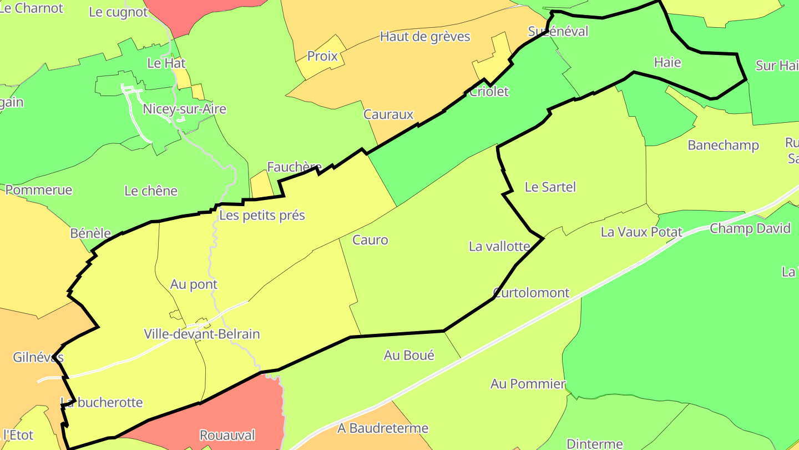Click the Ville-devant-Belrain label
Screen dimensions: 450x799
pyautogui.click(x=202, y=334)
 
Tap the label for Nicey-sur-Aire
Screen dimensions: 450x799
pyautogui.click(x=184, y=109)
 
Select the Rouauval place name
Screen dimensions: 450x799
pyautogui.click(x=227, y=435)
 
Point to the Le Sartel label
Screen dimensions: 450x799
pyautogui.click(x=550, y=187)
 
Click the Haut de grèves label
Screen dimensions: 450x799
pyautogui.click(x=425, y=37)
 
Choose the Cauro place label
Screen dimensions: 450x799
pyautogui.click(x=370, y=240)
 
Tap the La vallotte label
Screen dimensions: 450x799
pyautogui.click(x=499, y=246)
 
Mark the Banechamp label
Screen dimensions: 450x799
pyautogui.click(x=723, y=146)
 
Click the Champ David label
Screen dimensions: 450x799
pyautogui.click(x=750, y=228)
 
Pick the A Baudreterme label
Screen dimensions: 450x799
pyautogui.click(x=383, y=428)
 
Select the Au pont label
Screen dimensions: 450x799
pyautogui.click(x=194, y=284)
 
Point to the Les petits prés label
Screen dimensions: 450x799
pyautogui.click(x=262, y=215)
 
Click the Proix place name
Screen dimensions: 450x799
pyautogui.click(x=322, y=57)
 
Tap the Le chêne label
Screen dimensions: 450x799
pyautogui.click(x=151, y=191)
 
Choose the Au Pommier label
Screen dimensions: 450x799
pyautogui.click(x=528, y=384)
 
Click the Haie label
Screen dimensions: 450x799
pyautogui.click(x=667, y=62)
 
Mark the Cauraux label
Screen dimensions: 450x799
pyautogui.click(x=388, y=114)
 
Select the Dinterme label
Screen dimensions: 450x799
pyautogui.click(x=594, y=444)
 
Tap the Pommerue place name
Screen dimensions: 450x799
pyautogui.click(x=39, y=190)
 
